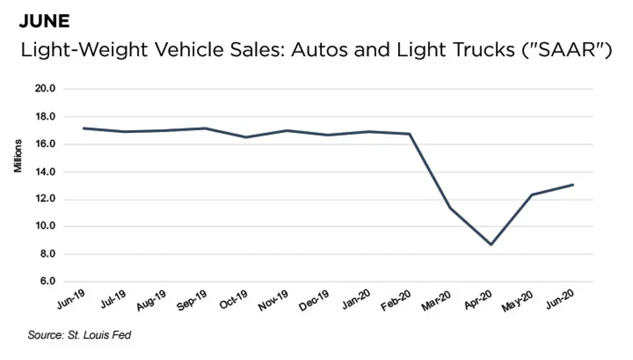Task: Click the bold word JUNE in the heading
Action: tap(44, 21)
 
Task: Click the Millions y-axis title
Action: tap(20, 157)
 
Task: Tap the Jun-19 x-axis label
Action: tap(72, 300)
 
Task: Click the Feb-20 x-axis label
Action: tap(396, 300)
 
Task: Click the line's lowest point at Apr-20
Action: tap(491, 245)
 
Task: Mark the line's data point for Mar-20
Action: tap(450, 208)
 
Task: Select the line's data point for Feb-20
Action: tap(409, 134)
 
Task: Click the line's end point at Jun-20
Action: tap(573, 185)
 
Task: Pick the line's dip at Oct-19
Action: tap(246, 137)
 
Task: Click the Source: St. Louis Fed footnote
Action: tap(79, 335)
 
